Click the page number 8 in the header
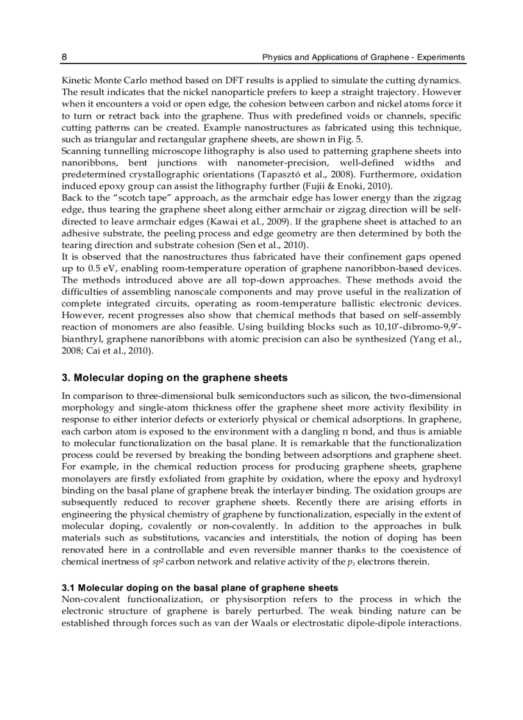64,58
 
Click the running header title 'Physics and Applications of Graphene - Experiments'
363,58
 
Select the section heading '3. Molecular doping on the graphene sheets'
174,378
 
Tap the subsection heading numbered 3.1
200,588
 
